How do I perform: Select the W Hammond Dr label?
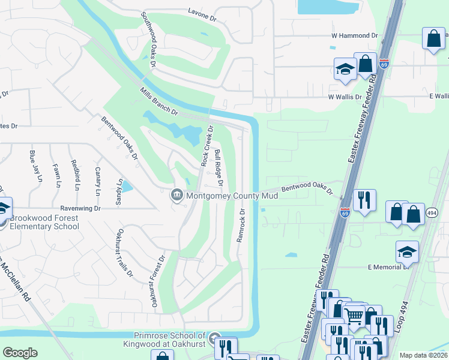tap(354, 36)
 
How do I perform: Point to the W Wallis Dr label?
tap(345, 97)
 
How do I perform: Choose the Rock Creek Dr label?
tap(206, 146)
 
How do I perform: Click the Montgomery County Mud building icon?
tap(177, 195)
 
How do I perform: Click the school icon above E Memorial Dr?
tap(406, 251)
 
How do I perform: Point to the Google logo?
tap(20, 353)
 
